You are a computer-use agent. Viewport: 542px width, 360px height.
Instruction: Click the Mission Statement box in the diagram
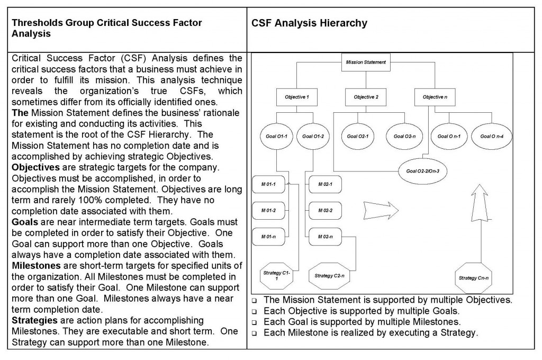click(366, 62)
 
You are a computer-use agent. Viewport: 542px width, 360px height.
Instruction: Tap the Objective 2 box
click(366, 97)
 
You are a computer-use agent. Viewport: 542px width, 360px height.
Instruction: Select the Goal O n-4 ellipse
click(492, 136)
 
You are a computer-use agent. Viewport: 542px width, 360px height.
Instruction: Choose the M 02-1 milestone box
click(324, 184)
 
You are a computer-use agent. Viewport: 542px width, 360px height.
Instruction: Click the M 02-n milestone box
click(324, 236)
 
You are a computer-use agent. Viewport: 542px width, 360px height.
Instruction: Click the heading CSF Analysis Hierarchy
click(309, 24)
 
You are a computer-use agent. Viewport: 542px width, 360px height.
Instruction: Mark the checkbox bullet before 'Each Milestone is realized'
click(255, 334)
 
